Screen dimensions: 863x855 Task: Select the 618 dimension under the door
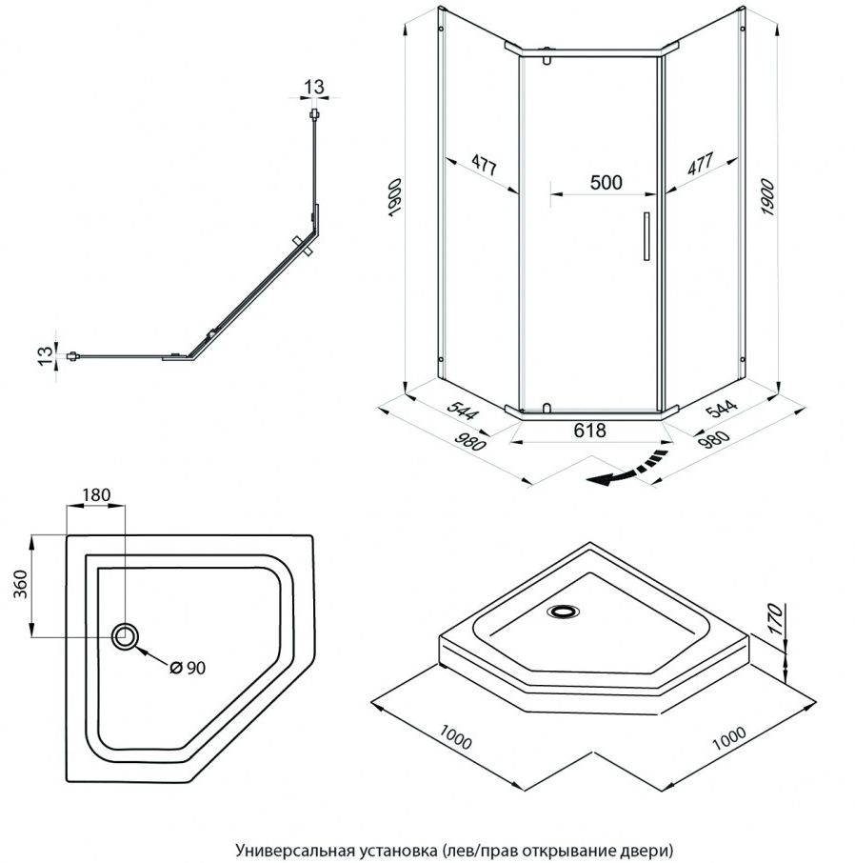[x=589, y=431]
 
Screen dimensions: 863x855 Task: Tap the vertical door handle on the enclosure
[x=645, y=235]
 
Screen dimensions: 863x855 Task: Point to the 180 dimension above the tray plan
[x=97, y=494]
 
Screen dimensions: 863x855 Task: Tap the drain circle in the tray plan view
[x=125, y=636]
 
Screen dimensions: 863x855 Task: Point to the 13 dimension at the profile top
[x=313, y=88]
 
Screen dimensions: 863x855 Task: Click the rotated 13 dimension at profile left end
[x=44, y=356]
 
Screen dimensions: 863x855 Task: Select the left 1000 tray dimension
[x=458, y=738]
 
